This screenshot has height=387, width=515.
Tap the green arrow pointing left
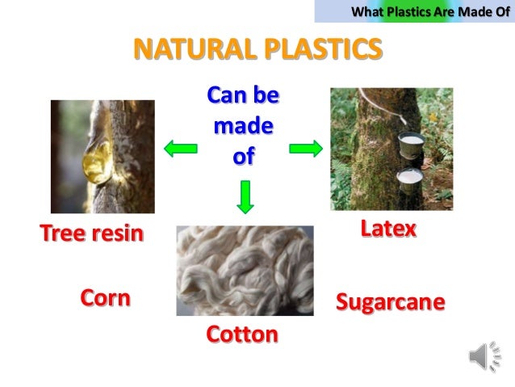pos(181,148)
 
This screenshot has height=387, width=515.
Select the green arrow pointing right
pos(306,148)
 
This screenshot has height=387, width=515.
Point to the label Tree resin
pos(91,233)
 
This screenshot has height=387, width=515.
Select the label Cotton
pos(242,334)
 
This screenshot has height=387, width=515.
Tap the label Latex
pos(388,229)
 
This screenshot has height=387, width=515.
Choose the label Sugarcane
pos(390,302)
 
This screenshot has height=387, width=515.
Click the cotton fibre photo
pos(245,271)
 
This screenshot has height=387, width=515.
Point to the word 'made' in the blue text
pos(243,126)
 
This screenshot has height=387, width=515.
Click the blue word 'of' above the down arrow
pos(243,155)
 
